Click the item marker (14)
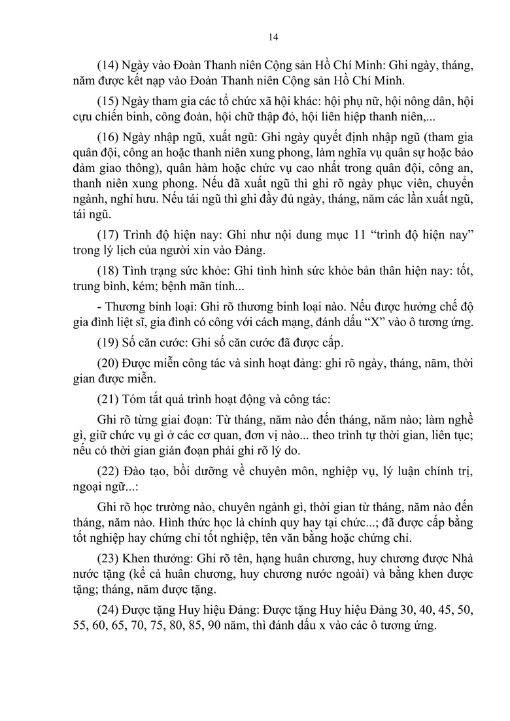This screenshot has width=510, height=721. point(107,66)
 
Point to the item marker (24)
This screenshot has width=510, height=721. point(107,611)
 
